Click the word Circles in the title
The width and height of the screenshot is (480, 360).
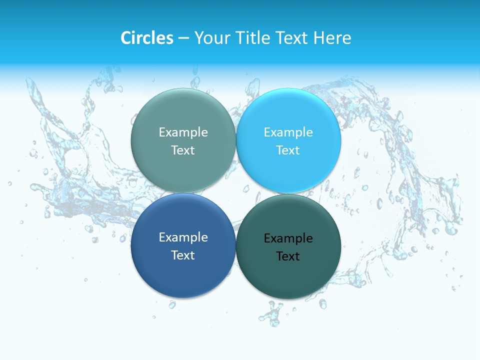point(146,38)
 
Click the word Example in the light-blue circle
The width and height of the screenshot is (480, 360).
point(288,132)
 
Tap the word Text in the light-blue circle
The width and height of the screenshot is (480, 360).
point(288,150)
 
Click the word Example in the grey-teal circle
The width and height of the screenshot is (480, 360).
point(183,132)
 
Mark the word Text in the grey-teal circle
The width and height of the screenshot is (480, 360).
point(183,150)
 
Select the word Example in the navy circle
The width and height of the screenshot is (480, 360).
point(183,237)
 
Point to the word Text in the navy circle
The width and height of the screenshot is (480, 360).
point(183,255)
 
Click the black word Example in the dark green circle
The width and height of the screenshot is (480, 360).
point(288,238)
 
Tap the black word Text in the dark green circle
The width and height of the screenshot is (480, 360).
point(288,256)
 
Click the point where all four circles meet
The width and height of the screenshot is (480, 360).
point(236,193)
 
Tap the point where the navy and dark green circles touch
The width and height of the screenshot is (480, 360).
point(236,245)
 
